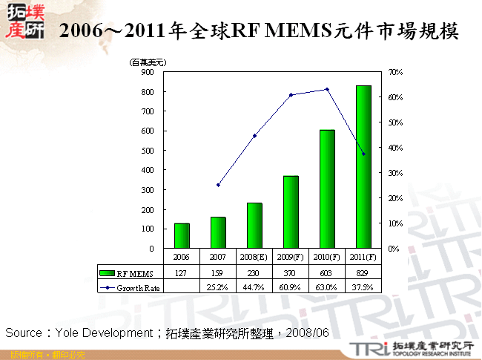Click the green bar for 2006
pos(182,235)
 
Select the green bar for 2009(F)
pos(291,212)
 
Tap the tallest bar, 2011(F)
pos(363,167)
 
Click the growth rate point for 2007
pos(218,185)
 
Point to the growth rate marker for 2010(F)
pos(327,89)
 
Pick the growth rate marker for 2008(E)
pos(254,136)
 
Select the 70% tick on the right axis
pos(395,72)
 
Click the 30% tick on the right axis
pos(395,173)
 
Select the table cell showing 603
pos(327,273)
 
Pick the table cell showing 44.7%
pos(254,287)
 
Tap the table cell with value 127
pos(182,273)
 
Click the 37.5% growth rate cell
pos(363,287)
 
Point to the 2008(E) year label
pos(254,257)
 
